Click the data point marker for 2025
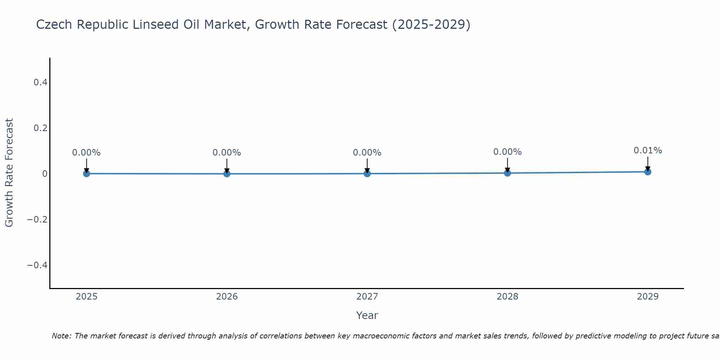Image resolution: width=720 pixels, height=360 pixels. pos(86,174)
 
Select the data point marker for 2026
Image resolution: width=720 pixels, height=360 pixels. pos(227,174)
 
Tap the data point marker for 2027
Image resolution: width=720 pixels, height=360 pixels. pos(367,174)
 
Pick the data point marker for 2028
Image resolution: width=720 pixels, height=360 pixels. pos(507,173)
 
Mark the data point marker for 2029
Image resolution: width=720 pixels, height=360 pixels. pos(648,172)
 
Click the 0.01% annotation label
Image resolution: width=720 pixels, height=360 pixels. pos(648,150)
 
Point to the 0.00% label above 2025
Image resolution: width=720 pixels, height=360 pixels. pos(86,153)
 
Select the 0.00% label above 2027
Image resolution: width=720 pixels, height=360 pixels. pos(367,153)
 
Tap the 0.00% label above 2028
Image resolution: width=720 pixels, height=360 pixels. pos(507,152)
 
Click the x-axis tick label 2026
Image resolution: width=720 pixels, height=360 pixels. pos(227,297)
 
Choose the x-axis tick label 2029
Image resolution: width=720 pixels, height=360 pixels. pos(648,297)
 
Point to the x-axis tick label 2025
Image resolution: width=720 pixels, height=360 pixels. pos(86,297)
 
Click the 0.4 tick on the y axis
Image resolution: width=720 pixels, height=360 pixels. pos(40,82)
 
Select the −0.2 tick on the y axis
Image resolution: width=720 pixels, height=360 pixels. pos(37,219)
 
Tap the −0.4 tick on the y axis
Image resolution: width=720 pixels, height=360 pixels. pos(37,265)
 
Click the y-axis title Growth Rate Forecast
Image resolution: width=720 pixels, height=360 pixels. pos(9,173)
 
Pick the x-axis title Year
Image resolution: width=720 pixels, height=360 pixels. pos(367,315)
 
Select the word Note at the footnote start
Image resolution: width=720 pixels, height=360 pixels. pos(61,336)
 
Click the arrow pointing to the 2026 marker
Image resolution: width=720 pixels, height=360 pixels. pos(227,166)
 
